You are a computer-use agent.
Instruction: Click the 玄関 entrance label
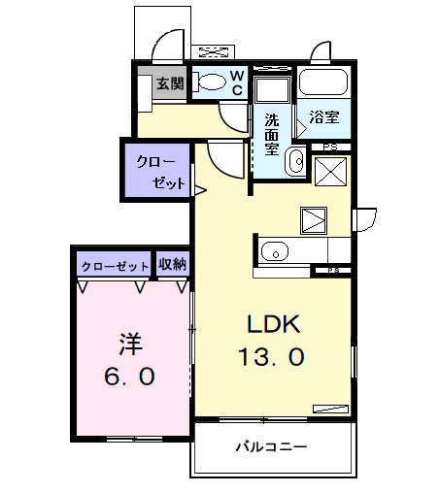pos(170,84)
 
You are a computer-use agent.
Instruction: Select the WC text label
pos(236,82)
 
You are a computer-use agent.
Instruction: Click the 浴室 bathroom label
pos(323,118)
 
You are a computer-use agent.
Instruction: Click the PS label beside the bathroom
pos(330,147)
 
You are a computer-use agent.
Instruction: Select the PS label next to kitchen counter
pos(333,270)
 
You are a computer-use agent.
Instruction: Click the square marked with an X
pos(331,173)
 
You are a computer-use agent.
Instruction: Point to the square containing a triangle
pos(314,220)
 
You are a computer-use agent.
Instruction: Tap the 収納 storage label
pos(173,264)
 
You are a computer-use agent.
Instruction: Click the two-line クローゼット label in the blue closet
pos(159,170)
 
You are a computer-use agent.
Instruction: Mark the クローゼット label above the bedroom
pos(115,265)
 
